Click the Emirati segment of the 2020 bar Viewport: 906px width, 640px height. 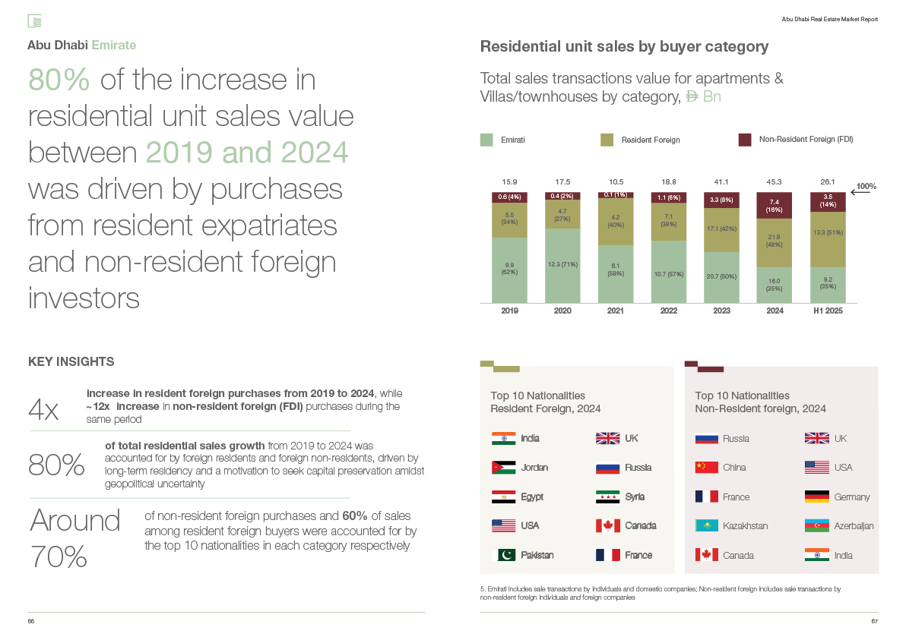tap(562, 266)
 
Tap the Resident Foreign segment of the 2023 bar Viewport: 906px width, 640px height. tap(722, 229)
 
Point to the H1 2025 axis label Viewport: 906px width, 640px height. tap(828, 311)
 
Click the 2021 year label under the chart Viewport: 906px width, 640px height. tap(616, 311)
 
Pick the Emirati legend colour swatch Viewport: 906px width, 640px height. tap(487, 140)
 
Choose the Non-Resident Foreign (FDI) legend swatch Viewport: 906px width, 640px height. tap(745, 140)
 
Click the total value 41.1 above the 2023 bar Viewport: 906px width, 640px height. tap(721, 182)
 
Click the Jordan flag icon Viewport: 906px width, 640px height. tap(504, 468)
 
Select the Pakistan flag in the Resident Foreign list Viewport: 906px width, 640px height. tap(504, 555)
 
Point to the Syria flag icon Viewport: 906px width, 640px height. tap(608, 497)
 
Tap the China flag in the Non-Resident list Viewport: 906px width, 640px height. tap(707, 468)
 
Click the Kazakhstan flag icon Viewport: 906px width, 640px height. tap(707, 526)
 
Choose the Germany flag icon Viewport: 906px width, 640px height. tap(817, 497)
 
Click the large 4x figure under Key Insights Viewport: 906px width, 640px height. tap(43, 411)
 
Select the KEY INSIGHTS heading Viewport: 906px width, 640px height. tap(71, 361)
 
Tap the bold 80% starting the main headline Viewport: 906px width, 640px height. tap(59, 80)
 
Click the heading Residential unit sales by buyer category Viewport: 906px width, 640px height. tap(625, 47)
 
